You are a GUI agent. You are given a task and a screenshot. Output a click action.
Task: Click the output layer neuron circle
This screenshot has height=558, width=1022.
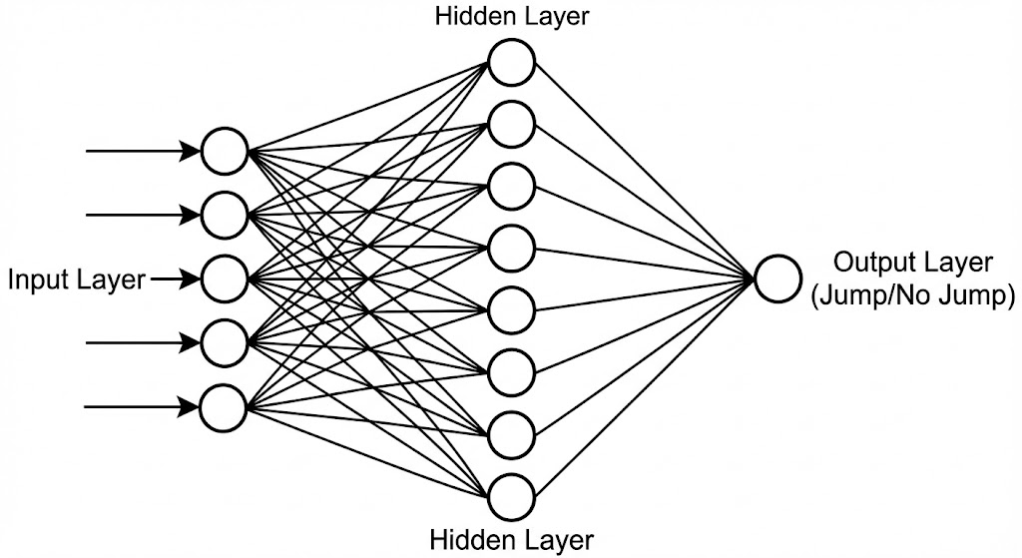[x=778, y=278]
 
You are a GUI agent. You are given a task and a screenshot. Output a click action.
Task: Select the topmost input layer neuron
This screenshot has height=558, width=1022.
[x=224, y=152]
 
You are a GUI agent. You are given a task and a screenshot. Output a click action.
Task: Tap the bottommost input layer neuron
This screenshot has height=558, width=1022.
[x=224, y=407]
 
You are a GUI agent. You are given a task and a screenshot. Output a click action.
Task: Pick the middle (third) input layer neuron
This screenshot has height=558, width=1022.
[x=224, y=279]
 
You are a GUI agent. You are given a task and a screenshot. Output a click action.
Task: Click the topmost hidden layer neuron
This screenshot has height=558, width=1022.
[x=512, y=61]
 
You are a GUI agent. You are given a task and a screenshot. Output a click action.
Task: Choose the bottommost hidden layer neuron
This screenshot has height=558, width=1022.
[x=512, y=496]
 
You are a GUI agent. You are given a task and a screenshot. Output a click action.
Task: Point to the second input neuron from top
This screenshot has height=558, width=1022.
[x=224, y=214]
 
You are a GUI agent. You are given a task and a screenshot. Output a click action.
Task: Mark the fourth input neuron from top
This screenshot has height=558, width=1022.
[x=224, y=343]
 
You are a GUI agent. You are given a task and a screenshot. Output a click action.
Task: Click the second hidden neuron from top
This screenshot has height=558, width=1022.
[x=512, y=123]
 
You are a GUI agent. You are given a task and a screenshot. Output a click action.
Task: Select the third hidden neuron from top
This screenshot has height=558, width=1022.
[x=512, y=185]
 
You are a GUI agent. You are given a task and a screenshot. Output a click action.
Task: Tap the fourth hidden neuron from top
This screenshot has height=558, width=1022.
[x=512, y=247]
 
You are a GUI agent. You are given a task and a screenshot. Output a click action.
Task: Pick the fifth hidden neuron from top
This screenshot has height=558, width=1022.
[x=512, y=308]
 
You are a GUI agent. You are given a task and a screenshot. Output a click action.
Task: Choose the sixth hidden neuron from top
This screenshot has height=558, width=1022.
[x=512, y=371]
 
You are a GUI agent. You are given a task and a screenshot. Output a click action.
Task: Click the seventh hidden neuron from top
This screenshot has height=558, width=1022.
[x=512, y=434]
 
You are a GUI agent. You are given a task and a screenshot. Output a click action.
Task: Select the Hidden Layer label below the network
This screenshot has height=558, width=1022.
[x=512, y=540]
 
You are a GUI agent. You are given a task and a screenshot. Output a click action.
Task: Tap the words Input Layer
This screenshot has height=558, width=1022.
[x=77, y=279]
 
